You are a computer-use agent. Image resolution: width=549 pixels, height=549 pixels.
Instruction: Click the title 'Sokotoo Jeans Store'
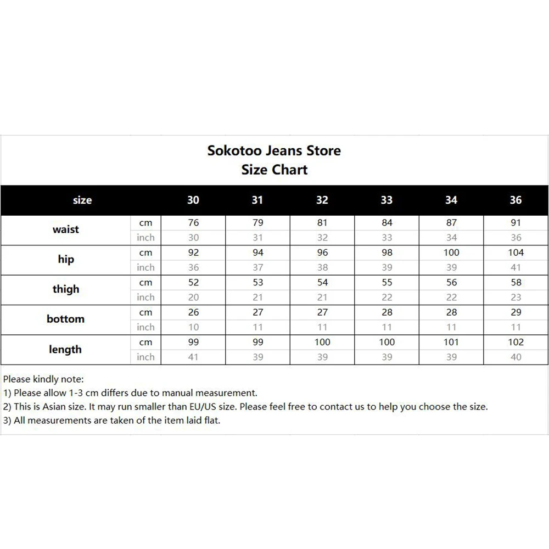click(x=274, y=150)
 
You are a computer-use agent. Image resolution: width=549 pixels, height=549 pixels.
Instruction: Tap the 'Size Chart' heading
click(x=274, y=170)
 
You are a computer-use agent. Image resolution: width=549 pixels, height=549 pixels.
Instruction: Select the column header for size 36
click(x=516, y=200)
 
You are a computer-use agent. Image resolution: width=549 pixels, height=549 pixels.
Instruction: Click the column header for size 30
click(x=193, y=200)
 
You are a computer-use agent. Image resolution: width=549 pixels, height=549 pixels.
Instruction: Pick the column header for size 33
click(x=386, y=200)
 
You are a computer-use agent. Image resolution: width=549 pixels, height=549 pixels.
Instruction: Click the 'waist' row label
click(x=66, y=229)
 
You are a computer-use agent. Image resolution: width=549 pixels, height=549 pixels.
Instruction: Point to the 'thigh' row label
click(x=66, y=289)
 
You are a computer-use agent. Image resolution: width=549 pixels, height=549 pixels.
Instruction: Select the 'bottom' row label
click(x=66, y=319)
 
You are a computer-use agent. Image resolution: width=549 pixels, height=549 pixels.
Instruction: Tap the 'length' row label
click(x=65, y=349)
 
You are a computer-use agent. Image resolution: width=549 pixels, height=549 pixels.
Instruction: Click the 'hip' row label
click(x=66, y=259)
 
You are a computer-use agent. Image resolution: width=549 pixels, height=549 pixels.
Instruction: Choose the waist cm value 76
click(x=193, y=223)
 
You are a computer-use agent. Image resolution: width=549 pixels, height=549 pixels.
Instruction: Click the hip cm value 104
click(x=516, y=253)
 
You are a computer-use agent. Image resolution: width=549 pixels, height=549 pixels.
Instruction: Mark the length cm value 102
click(x=516, y=342)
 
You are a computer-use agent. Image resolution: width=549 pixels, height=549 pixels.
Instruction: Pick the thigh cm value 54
click(x=322, y=282)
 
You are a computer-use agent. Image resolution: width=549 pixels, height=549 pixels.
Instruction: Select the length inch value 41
click(x=193, y=357)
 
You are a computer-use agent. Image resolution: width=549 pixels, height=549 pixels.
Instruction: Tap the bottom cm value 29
click(x=516, y=312)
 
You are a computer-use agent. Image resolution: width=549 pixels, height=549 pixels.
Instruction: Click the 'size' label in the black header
click(x=82, y=200)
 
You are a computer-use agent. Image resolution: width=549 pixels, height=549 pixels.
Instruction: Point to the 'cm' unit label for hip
click(x=145, y=253)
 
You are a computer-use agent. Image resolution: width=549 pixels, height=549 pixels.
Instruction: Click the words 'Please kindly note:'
click(x=43, y=379)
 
